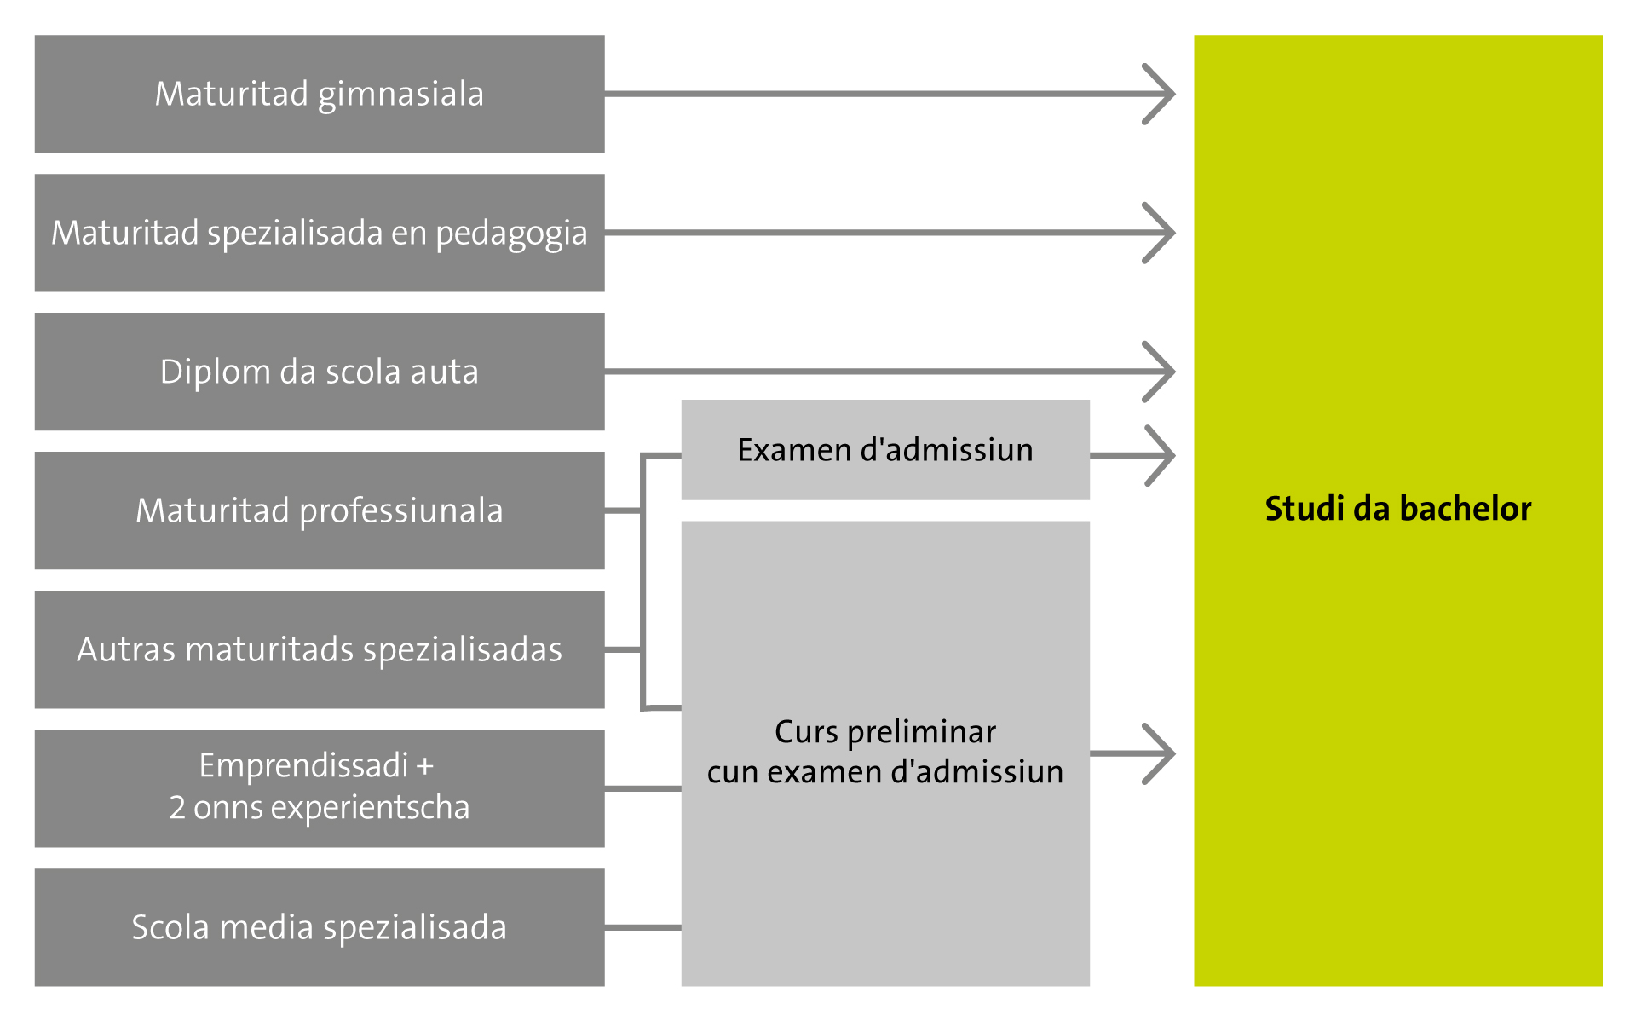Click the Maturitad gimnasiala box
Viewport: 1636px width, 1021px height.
click(320, 94)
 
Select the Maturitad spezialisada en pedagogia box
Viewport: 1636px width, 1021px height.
click(320, 233)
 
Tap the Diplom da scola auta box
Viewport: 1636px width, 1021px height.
click(320, 372)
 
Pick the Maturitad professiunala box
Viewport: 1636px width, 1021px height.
click(320, 510)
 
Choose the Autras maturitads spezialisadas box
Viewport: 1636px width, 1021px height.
click(320, 649)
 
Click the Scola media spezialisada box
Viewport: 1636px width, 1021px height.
click(320, 927)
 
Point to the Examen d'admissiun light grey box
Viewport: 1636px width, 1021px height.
click(885, 450)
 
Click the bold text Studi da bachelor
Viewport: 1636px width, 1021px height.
click(1397, 509)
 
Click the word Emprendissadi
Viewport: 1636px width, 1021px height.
click(304, 765)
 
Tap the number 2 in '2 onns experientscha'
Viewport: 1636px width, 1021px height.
click(177, 807)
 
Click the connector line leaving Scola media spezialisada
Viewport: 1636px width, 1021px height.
click(642, 926)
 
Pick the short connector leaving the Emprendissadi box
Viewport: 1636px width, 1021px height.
click(642, 788)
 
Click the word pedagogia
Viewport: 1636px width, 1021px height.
click(511, 234)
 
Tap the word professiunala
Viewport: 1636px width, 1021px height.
click(401, 510)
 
